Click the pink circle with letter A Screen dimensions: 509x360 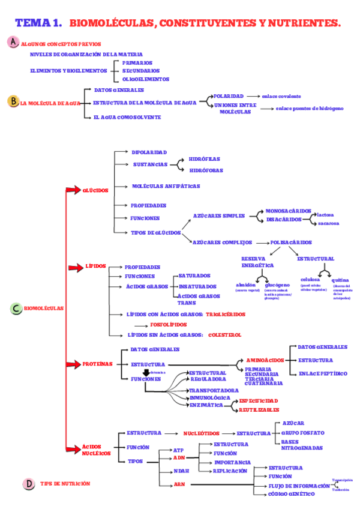coord(13,42)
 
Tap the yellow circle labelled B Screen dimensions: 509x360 coord(13,101)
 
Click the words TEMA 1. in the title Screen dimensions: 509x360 coord(38,23)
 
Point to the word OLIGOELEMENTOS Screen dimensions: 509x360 coord(146,79)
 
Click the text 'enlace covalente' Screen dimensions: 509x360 coord(281,96)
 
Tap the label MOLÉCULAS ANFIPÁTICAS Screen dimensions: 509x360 coord(166,186)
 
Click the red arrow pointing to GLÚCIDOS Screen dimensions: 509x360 coord(73,190)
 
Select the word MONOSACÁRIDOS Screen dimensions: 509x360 coord(289,211)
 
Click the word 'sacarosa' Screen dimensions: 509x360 coord(328,223)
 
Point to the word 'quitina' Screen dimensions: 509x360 coord(340,280)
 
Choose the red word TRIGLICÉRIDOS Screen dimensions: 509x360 coord(226,314)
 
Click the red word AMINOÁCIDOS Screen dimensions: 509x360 coord(265,360)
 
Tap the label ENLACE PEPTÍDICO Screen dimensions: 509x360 coord(322,373)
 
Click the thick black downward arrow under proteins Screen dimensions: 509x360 coord(146,373)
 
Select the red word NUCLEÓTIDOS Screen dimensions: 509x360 coord(202,433)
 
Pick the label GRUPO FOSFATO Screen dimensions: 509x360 coord(302,432)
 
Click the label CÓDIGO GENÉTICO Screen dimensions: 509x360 coord(291,494)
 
